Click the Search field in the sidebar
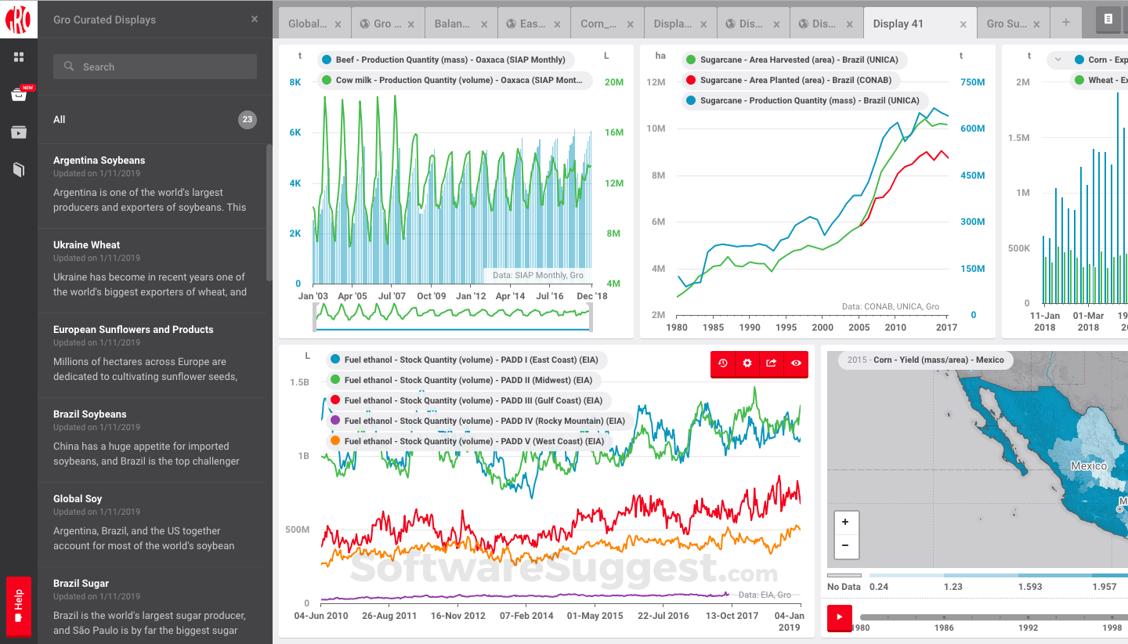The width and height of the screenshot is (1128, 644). (155, 67)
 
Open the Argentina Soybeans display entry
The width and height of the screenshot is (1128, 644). (99, 161)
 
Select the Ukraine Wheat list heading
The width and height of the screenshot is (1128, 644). (87, 245)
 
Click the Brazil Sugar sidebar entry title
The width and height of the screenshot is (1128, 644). (81, 584)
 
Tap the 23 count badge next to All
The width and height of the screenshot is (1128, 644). (248, 120)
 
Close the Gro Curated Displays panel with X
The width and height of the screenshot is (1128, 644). (255, 20)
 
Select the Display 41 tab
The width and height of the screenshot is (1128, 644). (898, 24)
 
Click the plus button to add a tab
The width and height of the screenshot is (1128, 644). (1066, 23)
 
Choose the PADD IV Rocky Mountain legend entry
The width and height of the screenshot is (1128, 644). (478, 421)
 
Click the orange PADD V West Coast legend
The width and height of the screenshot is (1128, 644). (468, 441)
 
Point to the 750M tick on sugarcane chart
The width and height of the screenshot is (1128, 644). (972, 82)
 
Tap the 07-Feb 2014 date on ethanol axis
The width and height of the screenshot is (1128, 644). (526, 616)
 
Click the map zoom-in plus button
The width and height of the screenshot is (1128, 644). (845, 522)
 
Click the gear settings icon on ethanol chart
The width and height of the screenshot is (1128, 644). (747, 364)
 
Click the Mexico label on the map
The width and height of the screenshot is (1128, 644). (1089, 466)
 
